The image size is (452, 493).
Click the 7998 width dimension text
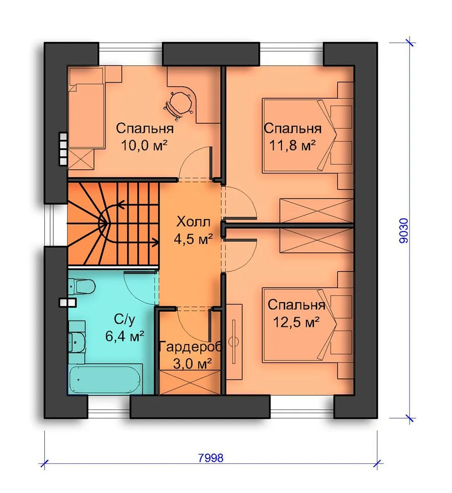click(211, 458)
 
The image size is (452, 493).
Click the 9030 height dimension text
click(404, 231)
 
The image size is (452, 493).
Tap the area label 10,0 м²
click(144, 146)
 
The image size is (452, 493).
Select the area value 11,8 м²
click(292, 146)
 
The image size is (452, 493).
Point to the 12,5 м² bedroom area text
click(296, 322)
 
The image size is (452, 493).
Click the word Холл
click(193, 222)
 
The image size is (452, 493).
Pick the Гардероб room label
click(191, 347)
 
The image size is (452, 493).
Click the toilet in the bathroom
click(82, 287)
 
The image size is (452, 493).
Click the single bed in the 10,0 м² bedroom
click(86, 115)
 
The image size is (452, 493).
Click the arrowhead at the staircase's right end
click(155, 242)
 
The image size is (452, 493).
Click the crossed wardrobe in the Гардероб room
click(190, 383)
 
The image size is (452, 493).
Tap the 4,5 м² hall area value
click(193, 239)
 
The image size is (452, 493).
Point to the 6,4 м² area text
click(125, 336)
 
